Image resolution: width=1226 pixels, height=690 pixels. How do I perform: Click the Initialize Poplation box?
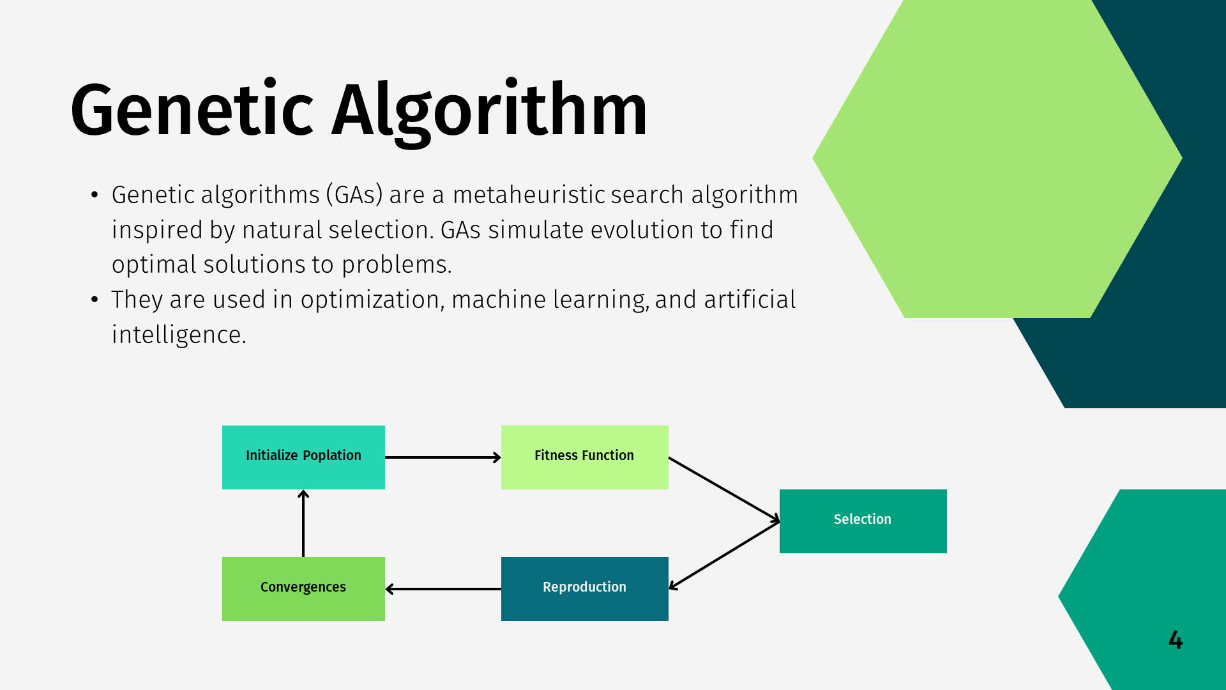point(303,457)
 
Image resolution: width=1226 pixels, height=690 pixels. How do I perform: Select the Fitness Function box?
point(584,457)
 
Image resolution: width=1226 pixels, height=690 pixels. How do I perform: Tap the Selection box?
point(863,521)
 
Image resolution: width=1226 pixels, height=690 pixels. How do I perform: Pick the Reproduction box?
point(584,588)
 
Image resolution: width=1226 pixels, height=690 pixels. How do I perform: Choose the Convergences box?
point(303,588)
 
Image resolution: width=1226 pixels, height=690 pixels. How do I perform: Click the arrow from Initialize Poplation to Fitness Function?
point(443,457)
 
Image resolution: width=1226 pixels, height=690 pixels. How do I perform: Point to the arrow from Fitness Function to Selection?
point(723,489)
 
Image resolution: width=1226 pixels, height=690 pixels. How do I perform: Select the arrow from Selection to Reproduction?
point(723,555)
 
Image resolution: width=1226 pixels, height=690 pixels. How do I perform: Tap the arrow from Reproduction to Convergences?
point(443,589)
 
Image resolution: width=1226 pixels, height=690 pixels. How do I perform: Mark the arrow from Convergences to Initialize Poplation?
point(303,523)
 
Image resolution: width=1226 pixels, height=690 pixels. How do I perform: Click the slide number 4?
point(1176,640)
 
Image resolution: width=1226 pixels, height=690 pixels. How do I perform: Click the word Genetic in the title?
point(192,110)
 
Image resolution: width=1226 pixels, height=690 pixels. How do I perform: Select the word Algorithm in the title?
point(489,110)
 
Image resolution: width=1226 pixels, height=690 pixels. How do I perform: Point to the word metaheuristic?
point(529,195)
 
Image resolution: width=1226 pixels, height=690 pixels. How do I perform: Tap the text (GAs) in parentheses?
point(354,195)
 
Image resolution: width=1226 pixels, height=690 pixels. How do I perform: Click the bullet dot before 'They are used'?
point(95,299)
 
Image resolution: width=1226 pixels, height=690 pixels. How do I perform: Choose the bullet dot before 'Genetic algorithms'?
point(95,194)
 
